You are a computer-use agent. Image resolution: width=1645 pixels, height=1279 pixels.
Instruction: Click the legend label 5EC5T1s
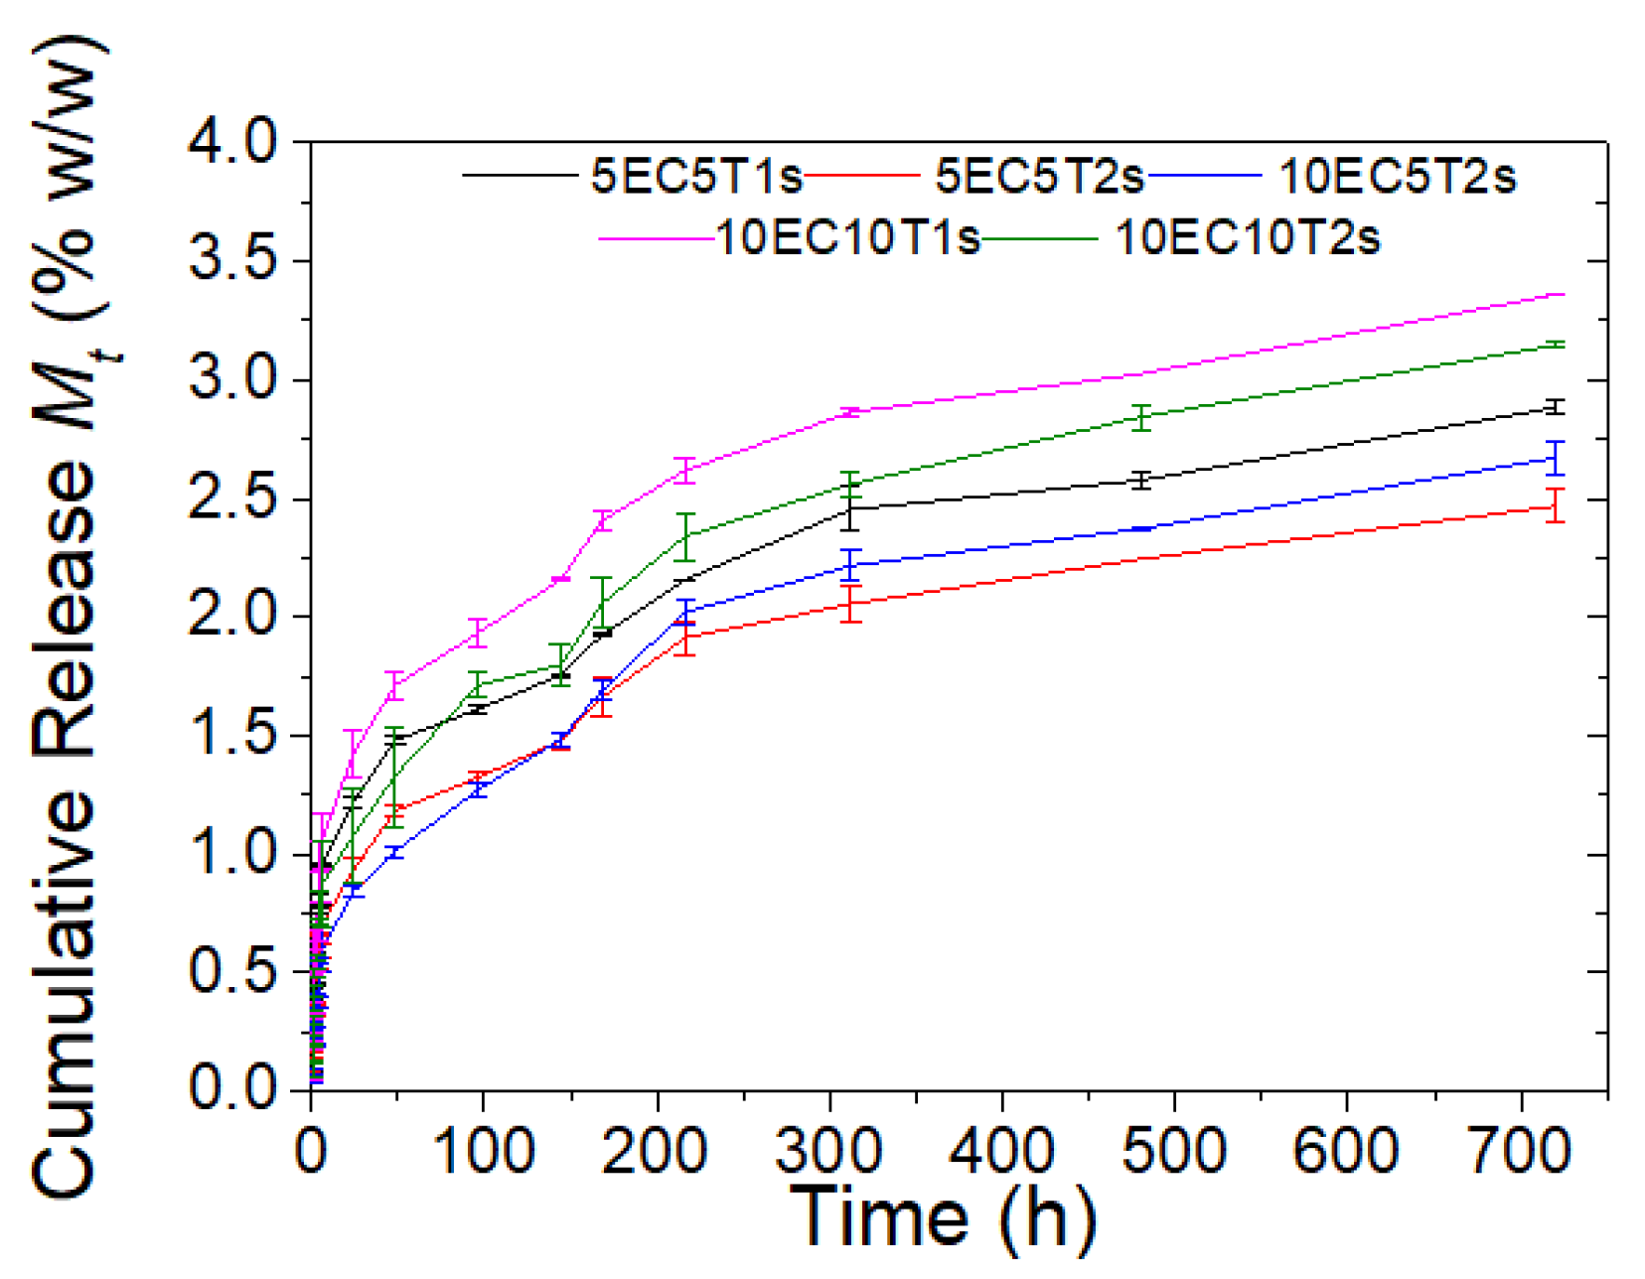point(695,177)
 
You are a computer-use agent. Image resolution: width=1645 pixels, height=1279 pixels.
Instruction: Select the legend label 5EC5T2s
point(1039,177)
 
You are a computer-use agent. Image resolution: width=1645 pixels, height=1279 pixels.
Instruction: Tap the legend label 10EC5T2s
point(1397,177)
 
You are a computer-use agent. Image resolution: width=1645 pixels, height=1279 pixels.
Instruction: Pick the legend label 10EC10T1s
point(847,238)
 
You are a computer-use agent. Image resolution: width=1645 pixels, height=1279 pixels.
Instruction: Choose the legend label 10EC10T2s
point(1248,238)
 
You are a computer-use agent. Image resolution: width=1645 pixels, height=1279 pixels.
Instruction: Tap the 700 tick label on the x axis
point(1520,1151)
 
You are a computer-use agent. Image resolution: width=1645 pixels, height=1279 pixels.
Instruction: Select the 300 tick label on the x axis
point(829,1151)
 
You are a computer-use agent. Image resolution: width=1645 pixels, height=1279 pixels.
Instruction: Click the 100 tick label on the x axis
point(484,1151)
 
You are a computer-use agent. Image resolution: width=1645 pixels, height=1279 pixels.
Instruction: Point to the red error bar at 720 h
point(1555,505)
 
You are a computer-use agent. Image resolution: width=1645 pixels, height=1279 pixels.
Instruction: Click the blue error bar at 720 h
point(1555,458)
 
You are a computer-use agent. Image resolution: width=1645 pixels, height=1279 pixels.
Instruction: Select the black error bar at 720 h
point(1555,407)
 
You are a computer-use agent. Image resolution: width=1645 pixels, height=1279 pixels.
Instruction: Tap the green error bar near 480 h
point(1142,417)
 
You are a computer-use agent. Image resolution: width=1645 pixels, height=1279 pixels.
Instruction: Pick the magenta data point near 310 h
point(849,412)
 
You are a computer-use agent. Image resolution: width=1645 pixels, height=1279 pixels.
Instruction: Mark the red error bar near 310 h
point(849,604)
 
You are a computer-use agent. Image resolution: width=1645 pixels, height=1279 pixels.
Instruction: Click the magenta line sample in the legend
point(656,239)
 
